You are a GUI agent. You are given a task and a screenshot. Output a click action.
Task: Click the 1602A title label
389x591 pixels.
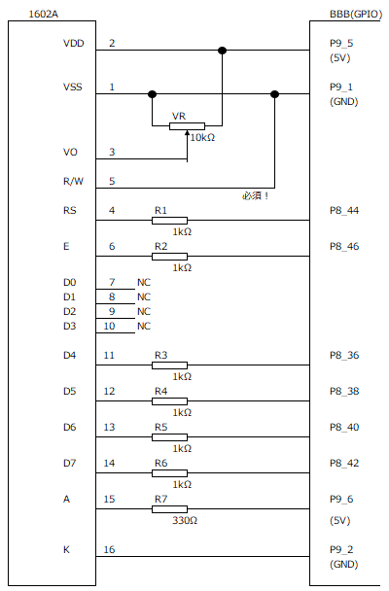[44, 15]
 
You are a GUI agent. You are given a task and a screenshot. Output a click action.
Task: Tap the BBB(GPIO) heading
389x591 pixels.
[356, 15]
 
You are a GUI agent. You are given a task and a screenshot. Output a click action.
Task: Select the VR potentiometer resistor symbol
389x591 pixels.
[187, 126]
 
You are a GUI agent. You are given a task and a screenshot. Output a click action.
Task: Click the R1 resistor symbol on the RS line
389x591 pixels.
[169, 221]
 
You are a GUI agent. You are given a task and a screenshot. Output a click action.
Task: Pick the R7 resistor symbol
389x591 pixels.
[169, 509]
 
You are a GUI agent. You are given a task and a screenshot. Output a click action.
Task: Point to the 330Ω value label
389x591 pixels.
[185, 520]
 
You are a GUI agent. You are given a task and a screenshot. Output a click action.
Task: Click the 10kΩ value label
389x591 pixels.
[202, 138]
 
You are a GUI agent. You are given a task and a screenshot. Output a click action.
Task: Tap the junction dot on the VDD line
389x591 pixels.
[223, 51]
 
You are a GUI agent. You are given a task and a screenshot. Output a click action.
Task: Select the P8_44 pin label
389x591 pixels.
[344, 210]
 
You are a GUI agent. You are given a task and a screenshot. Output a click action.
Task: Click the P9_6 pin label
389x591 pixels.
[341, 499]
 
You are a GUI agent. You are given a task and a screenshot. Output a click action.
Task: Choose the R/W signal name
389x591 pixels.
[73, 182]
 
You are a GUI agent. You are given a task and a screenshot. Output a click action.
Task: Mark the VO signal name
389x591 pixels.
[70, 153]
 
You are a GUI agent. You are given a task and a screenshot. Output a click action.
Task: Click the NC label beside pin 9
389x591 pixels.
[144, 311]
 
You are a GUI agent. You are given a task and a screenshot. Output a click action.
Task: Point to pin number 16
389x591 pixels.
[109, 549]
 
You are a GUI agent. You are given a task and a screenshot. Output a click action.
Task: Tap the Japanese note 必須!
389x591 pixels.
[255, 196]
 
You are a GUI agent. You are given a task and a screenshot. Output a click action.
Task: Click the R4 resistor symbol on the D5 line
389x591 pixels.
[169, 401]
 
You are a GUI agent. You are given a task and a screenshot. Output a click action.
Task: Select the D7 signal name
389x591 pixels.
[69, 463]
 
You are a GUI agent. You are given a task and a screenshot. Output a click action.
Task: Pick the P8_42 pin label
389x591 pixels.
[344, 463]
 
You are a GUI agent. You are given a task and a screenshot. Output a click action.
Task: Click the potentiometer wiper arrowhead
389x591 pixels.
[188, 133]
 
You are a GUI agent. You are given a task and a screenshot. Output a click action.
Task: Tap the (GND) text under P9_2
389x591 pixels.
[343, 564]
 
